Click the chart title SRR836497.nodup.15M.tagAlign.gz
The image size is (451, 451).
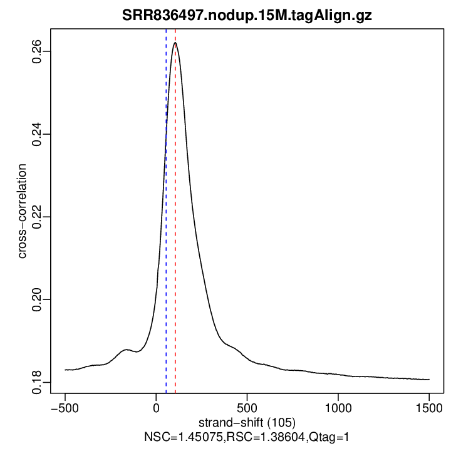tap(246, 16)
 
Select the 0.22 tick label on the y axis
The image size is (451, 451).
tap(38, 217)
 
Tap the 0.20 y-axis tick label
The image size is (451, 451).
tap(38, 299)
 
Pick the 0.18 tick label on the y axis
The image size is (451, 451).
tap(38, 381)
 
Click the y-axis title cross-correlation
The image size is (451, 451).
tap(23, 212)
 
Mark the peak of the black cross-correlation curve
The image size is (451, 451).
tap(175, 43)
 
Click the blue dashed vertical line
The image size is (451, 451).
tap(166, 251)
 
